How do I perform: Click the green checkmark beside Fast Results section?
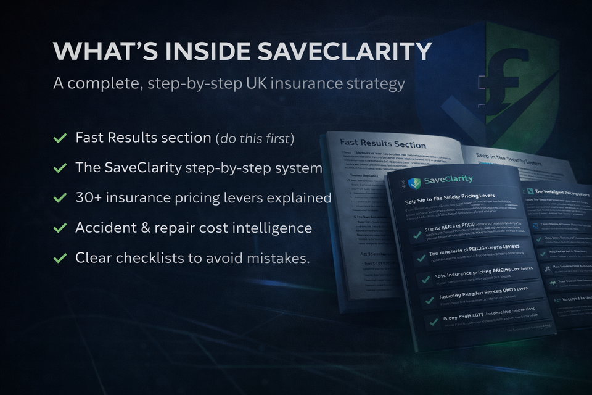(x=60, y=138)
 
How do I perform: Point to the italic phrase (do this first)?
(x=255, y=138)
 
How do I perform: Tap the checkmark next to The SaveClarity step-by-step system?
(x=60, y=168)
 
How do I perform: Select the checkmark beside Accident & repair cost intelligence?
(x=60, y=228)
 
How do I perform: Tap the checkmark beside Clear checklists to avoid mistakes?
(x=60, y=258)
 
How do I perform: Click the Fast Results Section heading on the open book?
(x=383, y=144)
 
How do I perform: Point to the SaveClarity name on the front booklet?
(x=448, y=180)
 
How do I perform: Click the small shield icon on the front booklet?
(x=414, y=182)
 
